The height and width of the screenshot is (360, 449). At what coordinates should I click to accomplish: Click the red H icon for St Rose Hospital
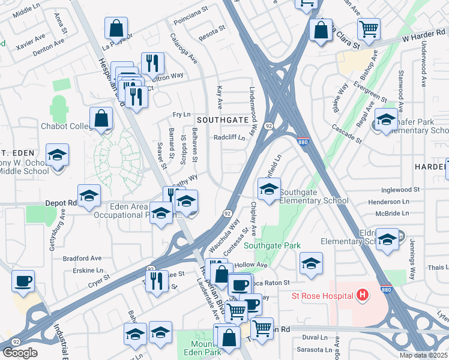(x=362, y=295)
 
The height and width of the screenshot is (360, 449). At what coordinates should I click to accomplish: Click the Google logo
(x=20, y=353)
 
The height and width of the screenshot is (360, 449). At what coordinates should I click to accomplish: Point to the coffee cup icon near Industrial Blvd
(x=23, y=281)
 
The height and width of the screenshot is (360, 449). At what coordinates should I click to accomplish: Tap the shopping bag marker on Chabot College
(x=101, y=119)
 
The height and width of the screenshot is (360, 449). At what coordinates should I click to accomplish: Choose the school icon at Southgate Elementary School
(x=269, y=190)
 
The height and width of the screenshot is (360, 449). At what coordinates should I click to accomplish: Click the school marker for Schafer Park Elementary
(x=385, y=119)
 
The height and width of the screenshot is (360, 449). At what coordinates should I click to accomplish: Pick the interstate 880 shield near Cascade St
(x=304, y=141)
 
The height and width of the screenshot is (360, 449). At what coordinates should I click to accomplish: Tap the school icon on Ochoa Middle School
(x=57, y=156)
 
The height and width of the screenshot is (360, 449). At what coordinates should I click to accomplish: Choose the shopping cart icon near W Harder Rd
(x=368, y=28)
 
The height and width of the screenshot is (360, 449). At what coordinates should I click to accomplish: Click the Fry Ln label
(x=181, y=115)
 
